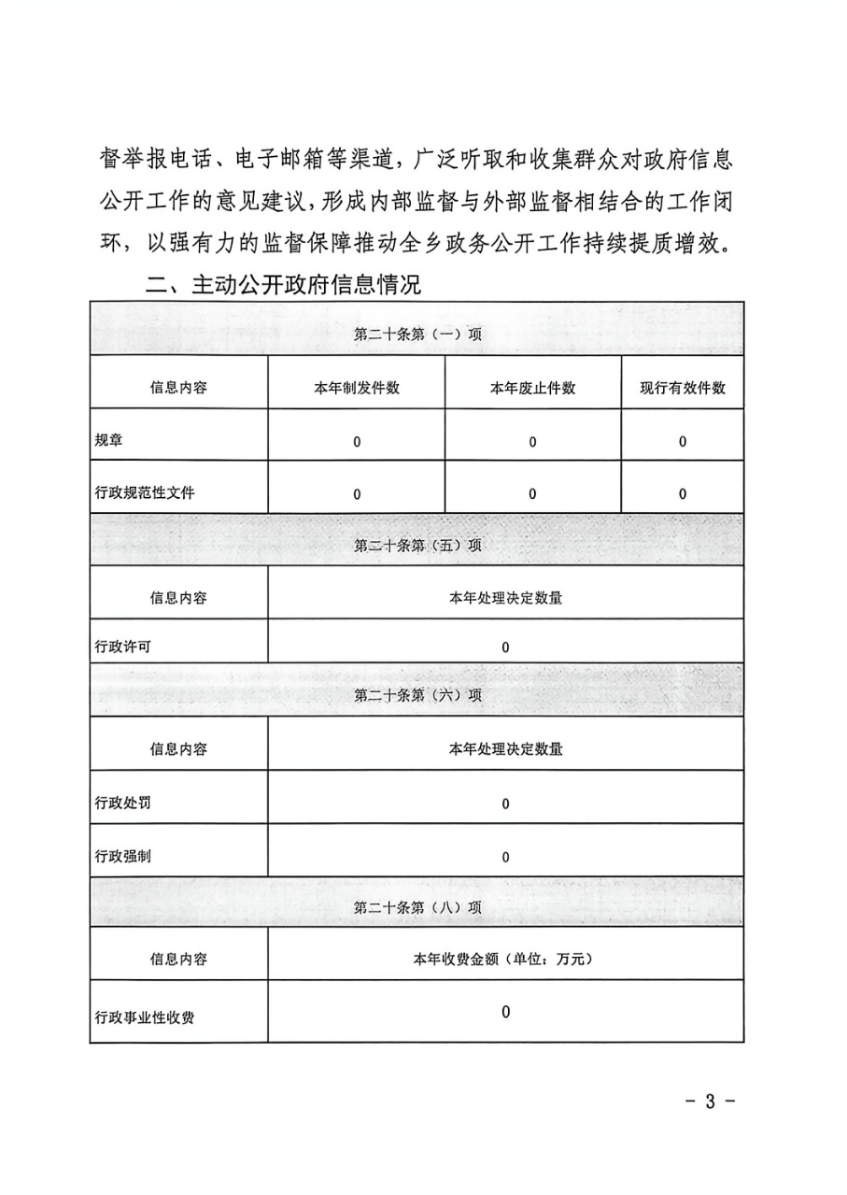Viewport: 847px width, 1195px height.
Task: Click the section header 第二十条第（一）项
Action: coord(417,334)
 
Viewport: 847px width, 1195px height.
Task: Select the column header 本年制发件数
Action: coord(357,388)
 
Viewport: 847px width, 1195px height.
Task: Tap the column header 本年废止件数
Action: coord(532,388)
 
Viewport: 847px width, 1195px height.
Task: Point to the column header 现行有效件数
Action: coord(683,388)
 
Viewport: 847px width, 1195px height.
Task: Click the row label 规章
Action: coord(109,441)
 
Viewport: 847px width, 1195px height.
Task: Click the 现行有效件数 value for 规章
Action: coord(683,442)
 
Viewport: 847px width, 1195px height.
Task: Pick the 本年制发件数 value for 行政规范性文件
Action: coord(357,494)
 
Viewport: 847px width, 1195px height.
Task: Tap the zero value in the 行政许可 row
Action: coord(505,647)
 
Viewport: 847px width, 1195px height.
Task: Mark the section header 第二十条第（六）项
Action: coord(417,695)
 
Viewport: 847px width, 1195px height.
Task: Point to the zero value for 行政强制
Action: coord(505,857)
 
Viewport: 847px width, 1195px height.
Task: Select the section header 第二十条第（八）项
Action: coord(417,906)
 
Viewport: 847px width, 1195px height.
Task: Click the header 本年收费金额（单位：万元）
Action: coord(505,959)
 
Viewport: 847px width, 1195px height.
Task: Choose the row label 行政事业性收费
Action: coord(145,1017)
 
